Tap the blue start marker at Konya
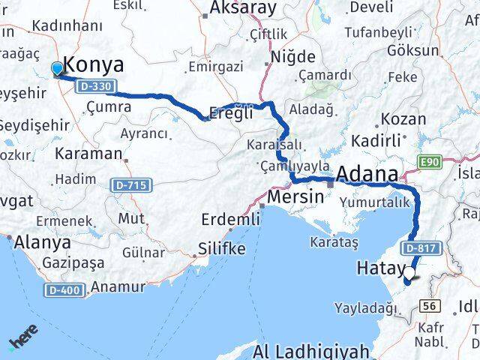point(58,69)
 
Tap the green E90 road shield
point(430,161)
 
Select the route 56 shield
point(430,305)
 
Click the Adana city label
point(367,175)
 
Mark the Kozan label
point(403,118)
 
